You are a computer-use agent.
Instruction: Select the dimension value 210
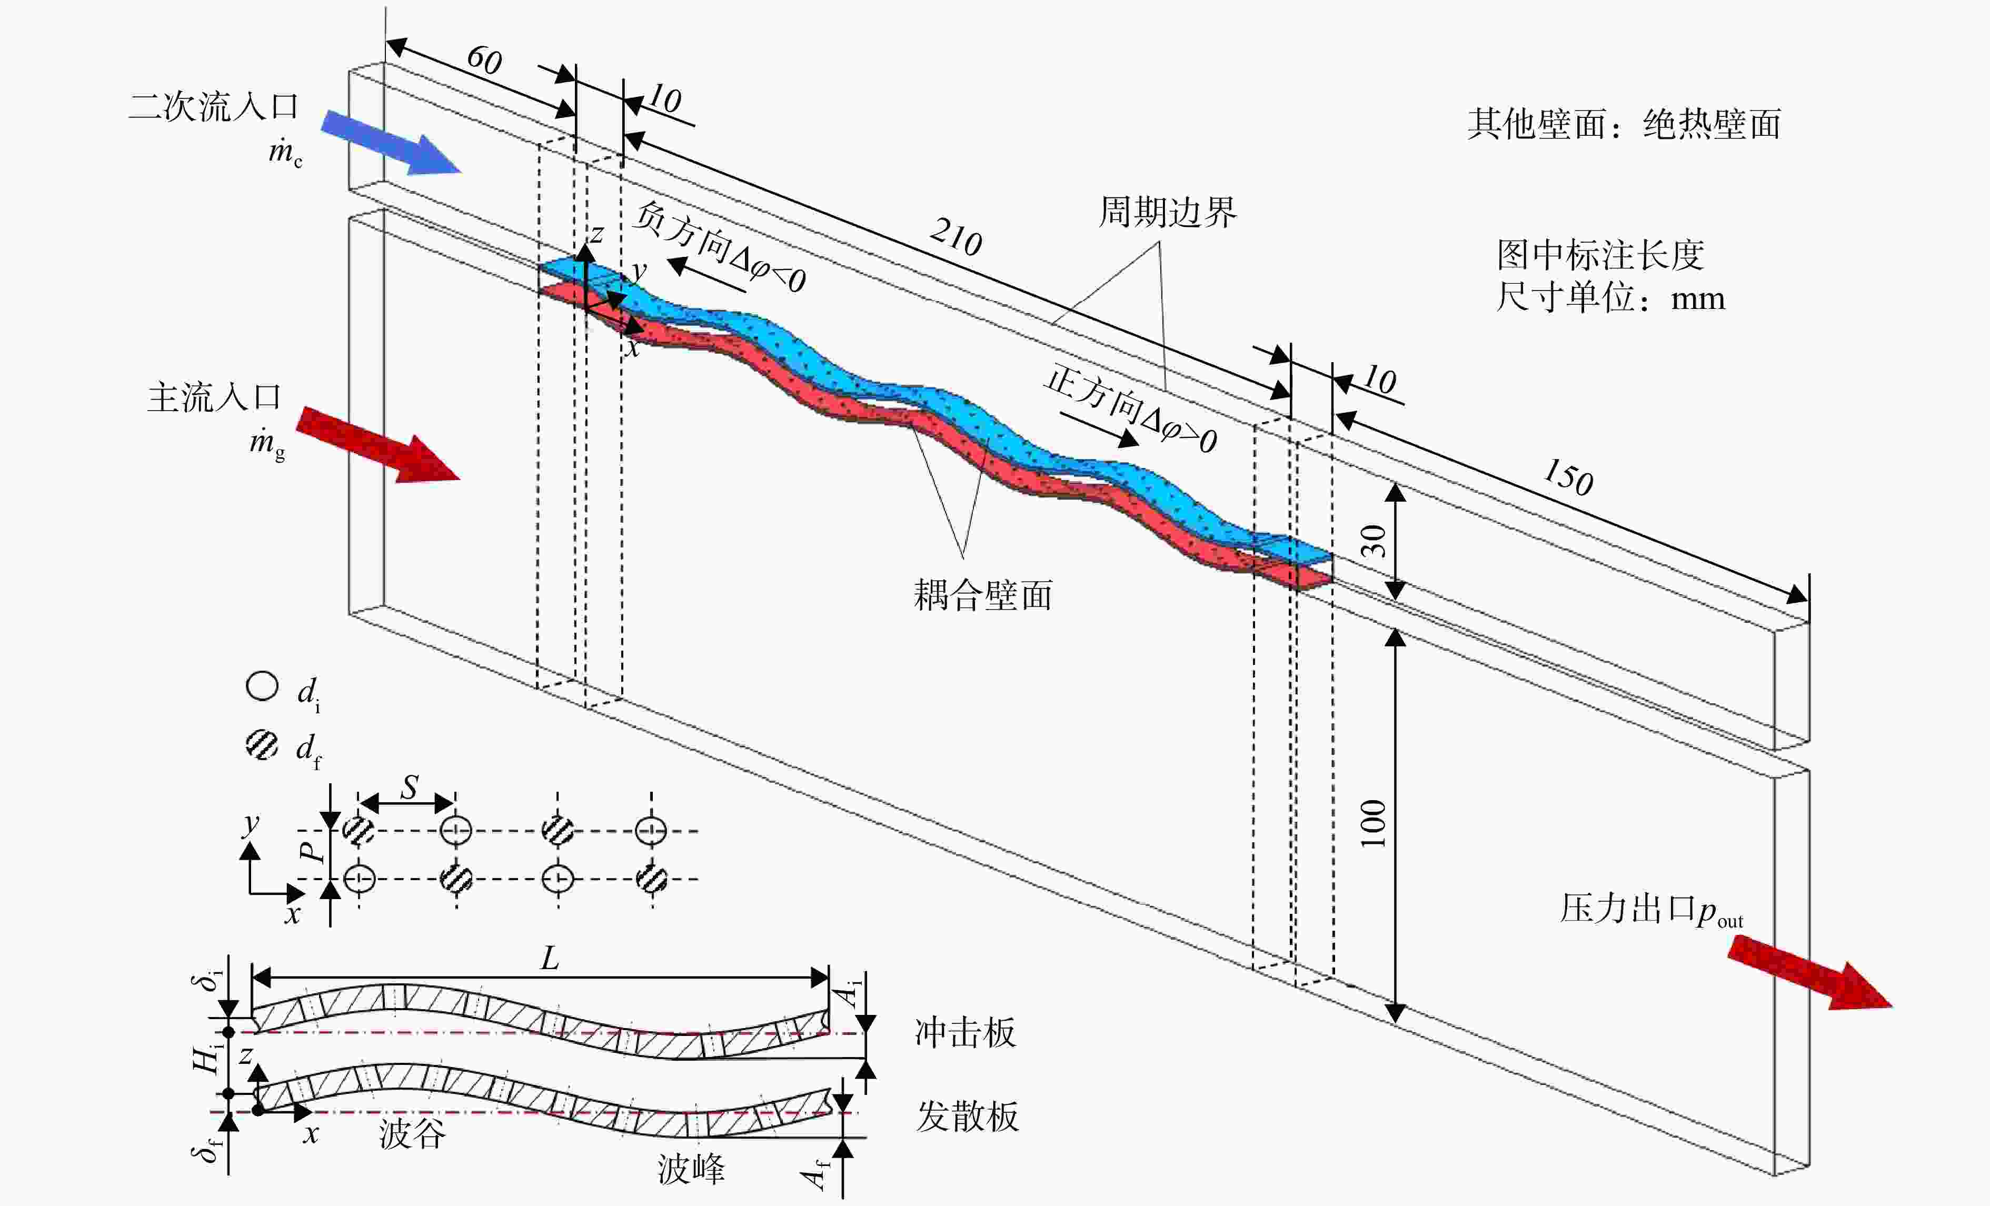(956, 237)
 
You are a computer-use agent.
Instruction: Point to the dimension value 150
(1568, 476)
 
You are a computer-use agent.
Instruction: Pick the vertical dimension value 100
(1373, 823)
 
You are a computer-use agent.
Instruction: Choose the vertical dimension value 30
(1373, 541)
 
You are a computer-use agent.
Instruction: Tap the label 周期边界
(1167, 213)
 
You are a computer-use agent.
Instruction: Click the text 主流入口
(214, 397)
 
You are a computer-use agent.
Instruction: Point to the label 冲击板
(965, 1032)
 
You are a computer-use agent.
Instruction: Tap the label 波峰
(691, 1169)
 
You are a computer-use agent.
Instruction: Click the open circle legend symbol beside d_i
(262, 686)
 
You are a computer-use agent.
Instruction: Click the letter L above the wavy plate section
(549, 959)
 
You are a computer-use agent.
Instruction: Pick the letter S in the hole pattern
(410, 786)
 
